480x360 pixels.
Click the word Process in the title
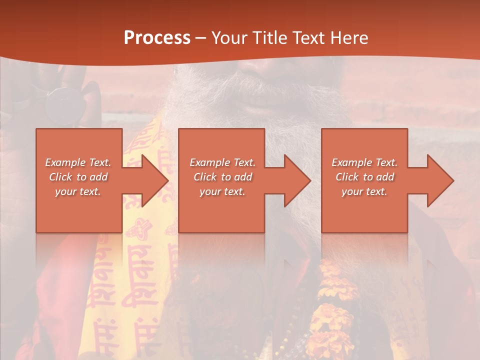(x=157, y=37)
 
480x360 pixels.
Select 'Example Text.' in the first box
(x=78, y=162)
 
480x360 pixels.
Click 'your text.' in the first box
(x=78, y=191)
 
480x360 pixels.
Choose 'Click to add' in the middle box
(x=222, y=177)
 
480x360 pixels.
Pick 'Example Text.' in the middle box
(x=222, y=162)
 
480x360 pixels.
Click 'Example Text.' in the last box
(x=364, y=162)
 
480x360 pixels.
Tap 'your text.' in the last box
(x=364, y=191)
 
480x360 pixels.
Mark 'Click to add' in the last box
(x=364, y=177)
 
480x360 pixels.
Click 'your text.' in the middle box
(x=222, y=191)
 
